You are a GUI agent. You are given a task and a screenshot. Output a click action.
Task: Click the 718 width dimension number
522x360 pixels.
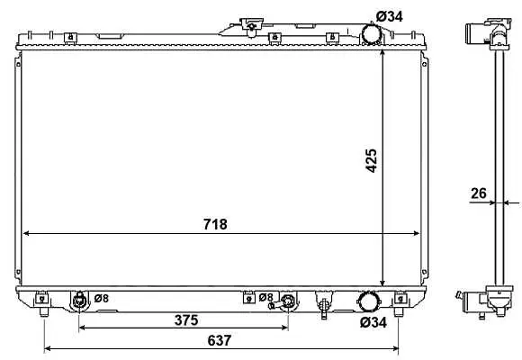pyautogui.click(x=215, y=224)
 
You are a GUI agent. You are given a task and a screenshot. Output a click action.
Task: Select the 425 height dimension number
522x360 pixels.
pyautogui.click(x=372, y=161)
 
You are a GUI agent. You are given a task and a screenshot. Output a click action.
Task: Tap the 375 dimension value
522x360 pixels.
pyautogui.click(x=186, y=320)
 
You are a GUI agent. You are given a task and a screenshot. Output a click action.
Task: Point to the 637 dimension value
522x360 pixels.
pyautogui.click(x=219, y=340)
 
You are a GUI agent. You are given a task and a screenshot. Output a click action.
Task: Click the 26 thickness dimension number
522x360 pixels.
pyautogui.click(x=479, y=193)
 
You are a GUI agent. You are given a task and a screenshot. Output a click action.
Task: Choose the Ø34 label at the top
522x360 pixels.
pyautogui.click(x=389, y=16)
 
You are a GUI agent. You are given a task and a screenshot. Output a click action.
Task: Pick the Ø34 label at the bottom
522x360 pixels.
pyautogui.click(x=373, y=322)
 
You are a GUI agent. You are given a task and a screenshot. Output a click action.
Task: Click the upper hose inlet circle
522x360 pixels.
pyautogui.click(x=371, y=33)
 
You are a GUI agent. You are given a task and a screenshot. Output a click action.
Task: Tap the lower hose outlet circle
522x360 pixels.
pyautogui.click(x=367, y=301)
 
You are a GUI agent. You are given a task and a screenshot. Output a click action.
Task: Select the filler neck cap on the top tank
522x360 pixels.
pyautogui.click(x=252, y=26)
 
